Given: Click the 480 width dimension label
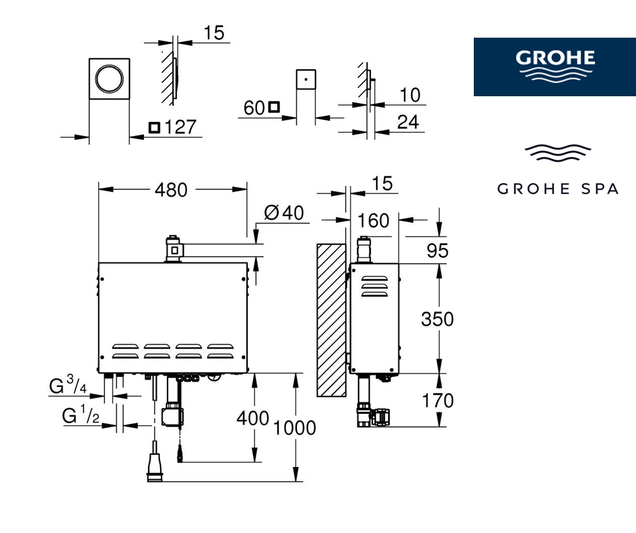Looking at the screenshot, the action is tap(171, 190).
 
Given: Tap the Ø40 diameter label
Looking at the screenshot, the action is tap(284, 213).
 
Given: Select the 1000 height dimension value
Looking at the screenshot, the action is tap(295, 428).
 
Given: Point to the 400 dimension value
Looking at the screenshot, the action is tap(252, 418).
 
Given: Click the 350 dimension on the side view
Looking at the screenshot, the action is tap(437, 319).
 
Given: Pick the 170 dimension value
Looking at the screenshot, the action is tap(437, 401).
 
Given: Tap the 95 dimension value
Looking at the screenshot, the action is tap(437, 250).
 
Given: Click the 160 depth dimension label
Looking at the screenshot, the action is tap(373, 221).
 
